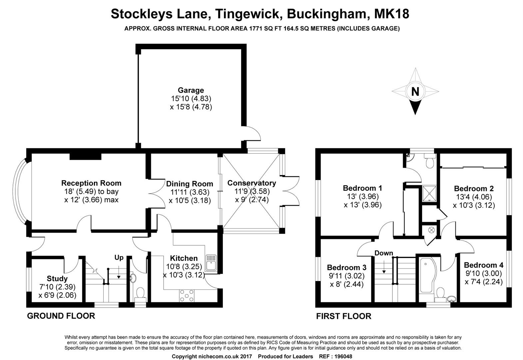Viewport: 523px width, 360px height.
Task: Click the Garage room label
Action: point(191,90)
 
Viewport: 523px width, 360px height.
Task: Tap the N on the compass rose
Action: point(415,91)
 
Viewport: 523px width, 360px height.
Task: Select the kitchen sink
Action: point(211,263)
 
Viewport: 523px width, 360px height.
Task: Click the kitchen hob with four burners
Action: point(187,296)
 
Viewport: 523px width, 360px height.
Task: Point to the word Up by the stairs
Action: point(119,258)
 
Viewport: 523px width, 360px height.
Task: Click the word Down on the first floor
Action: point(384,253)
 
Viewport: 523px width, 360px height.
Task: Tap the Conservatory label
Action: point(252,183)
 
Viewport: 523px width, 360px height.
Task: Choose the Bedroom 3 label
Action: point(347,267)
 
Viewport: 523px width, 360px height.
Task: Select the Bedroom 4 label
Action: point(484,265)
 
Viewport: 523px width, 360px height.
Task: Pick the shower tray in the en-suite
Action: point(429,193)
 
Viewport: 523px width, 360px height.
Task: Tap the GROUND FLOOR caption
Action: point(61,316)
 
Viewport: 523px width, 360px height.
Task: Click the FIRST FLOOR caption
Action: point(344,316)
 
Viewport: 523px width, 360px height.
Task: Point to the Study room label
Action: point(57,278)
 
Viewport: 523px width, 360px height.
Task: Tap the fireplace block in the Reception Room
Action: point(86,157)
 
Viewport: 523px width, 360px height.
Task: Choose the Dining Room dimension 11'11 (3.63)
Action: point(190,192)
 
